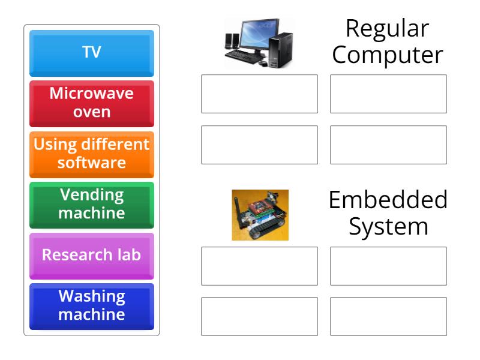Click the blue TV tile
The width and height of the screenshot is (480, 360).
tap(92, 53)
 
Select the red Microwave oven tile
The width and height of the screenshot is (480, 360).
tap(92, 103)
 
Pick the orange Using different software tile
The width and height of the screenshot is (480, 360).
tap(92, 154)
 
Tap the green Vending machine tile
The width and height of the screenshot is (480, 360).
tap(92, 204)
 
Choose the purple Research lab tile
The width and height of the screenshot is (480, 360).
tap(92, 254)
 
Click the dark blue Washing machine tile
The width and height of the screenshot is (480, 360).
tap(92, 305)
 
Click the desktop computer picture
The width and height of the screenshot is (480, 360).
tap(259, 42)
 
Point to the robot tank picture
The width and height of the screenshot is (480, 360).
tap(260, 215)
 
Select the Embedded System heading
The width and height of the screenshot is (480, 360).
tap(388, 213)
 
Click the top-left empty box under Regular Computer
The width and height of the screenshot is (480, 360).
tap(259, 94)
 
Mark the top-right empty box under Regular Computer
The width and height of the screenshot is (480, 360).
tap(388, 94)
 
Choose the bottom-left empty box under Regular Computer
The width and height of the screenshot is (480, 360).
tap(259, 145)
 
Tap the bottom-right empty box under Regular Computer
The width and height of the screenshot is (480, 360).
tap(388, 145)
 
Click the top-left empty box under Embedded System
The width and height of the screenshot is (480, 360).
tap(259, 266)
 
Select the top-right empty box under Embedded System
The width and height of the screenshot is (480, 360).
tap(388, 266)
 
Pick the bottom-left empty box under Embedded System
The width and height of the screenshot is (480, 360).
tap(259, 316)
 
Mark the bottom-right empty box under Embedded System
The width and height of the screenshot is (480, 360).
tap(388, 316)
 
